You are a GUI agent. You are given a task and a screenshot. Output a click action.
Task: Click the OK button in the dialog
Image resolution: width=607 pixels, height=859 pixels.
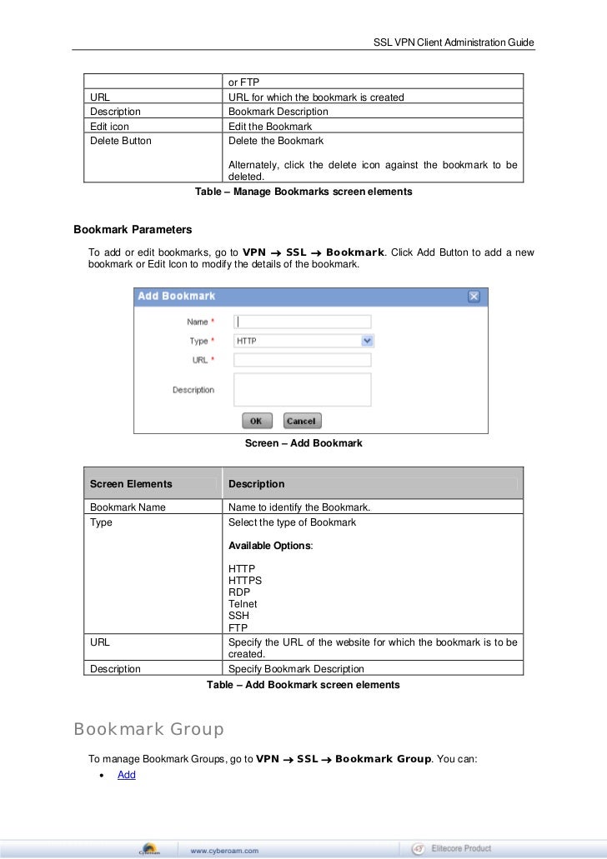click(x=256, y=422)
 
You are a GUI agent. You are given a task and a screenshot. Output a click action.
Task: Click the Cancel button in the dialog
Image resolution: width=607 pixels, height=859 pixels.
click(x=302, y=422)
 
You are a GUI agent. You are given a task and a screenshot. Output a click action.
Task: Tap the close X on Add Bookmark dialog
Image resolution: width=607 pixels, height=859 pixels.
click(x=474, y=297)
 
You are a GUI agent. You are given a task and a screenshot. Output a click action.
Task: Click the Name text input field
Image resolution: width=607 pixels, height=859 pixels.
click(x=302, y=322)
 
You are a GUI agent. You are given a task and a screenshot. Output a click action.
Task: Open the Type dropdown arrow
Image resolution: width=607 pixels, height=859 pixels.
click(x=367, y=341)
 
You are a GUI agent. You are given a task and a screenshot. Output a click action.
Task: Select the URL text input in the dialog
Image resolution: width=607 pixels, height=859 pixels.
click(x=302, y=360)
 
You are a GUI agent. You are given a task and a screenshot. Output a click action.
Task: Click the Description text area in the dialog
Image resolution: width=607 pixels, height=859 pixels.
click(x=302, y=389)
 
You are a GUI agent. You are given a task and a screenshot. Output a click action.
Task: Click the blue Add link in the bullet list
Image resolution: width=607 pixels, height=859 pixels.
click(x=127, y=775)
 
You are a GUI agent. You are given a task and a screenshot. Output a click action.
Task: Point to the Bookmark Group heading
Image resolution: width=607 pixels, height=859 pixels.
click(x=148, y=730)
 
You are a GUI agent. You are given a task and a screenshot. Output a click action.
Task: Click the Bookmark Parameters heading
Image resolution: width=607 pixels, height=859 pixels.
click(x=133, y=229)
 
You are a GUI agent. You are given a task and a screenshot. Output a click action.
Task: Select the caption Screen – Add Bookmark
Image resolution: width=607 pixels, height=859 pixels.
click(x=303, y=443)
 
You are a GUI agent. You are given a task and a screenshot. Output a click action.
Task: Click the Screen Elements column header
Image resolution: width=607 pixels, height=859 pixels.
click(x=131, y=484)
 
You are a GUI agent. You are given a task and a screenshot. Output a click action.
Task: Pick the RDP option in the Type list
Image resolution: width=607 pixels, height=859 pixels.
click(x=238, y=592)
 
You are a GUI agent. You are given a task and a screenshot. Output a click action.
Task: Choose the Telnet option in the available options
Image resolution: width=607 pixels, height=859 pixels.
click(x=243, y=604)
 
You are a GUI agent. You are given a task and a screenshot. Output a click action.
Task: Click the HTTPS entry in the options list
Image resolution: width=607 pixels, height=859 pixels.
click(x=245, y=581)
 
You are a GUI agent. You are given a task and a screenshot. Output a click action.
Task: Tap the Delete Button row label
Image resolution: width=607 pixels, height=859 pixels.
click(x=121, y=141)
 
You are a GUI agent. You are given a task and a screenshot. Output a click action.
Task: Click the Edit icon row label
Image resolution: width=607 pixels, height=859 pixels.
click(x=109, y=127)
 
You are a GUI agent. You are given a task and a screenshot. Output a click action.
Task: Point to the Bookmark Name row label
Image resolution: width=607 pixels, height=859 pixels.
click(x=128, y=507)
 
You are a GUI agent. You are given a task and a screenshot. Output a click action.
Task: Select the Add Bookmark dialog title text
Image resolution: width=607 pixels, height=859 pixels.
click(x=176, y=297)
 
